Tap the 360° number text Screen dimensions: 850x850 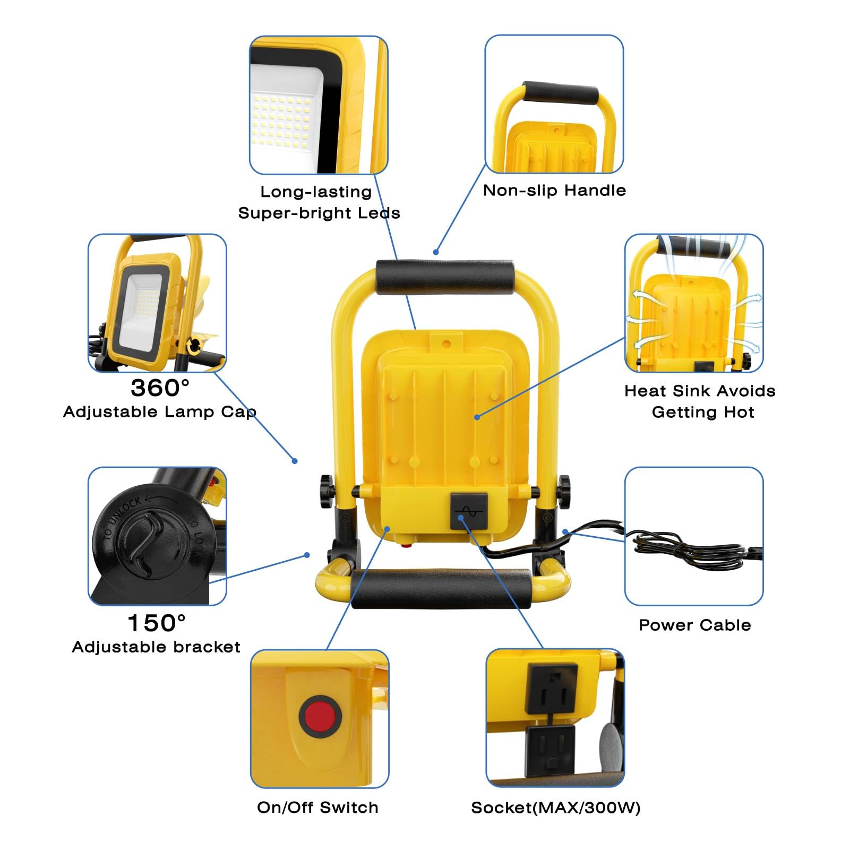tap(160, 388)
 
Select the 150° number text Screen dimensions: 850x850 tap(157, 623)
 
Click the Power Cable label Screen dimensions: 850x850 tap(694, 625)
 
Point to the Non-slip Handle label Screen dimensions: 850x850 tap(554, 190)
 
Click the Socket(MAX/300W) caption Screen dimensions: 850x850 tap(555, 808)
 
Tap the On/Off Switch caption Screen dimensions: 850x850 tap(317, 808)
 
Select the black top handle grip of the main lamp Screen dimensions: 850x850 tap(445, 277)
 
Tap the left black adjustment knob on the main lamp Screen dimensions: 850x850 tap(325, 492)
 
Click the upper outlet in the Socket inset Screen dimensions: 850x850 tap(551, 688)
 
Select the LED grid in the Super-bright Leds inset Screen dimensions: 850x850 tap(279, 119)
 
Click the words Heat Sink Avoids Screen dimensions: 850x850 tap(699, 391)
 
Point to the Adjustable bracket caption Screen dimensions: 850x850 tap(156, 647)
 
